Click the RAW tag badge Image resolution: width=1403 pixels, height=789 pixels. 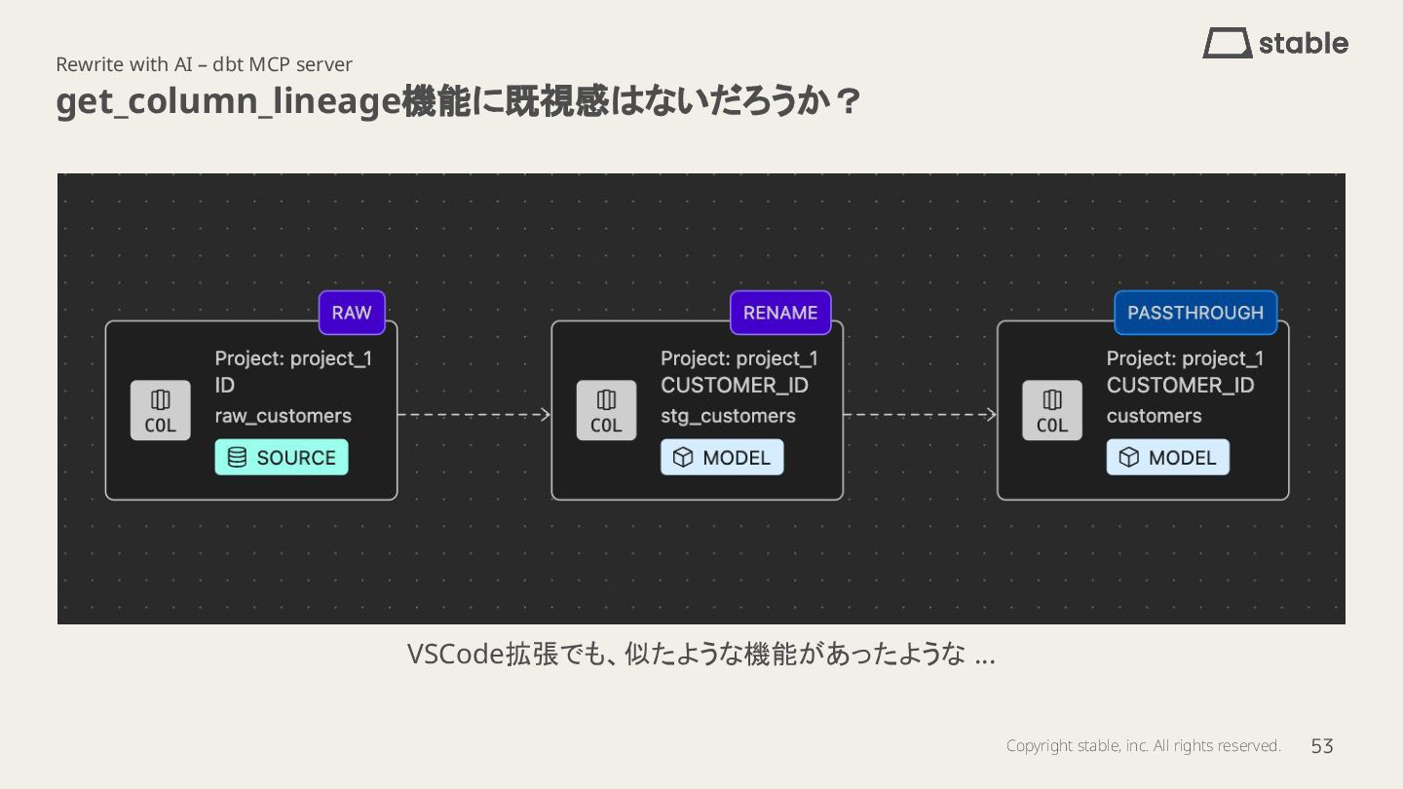pyautogui.click(x=352, y=313)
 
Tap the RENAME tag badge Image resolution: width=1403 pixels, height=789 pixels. pyautogui.click(x=780, y=313)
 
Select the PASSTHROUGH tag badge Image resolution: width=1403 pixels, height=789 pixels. pyautogui.click(x=1195, y=313)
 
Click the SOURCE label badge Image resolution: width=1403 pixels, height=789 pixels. pyautogui.click(x=282, y=458)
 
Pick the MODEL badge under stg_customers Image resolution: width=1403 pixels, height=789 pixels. pyautogui.click(x=722, y=458)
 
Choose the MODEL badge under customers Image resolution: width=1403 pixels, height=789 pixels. pyautogui.click(x=1167, y=458)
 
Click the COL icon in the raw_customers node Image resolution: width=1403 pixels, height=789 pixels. pyautogui.click(x=161, y=410)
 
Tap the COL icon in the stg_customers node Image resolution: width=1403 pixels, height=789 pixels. pyautogui.click(x=606, y=410)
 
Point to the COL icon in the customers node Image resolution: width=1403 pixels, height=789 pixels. pyautogui.click(x=1052, y=410)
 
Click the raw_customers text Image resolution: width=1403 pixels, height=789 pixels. pyautogui.click(x=284, y=416)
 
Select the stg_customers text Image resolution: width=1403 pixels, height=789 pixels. pyautogui.click(x=728, y=416)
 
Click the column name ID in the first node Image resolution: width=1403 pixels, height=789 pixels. pyautogui.click(x=225, y=386)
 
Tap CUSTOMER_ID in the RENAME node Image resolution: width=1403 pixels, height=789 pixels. pyautogui.click(x=735, y=386)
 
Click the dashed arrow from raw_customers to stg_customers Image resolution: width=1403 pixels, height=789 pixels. pyautogui.click(x=474, y=415)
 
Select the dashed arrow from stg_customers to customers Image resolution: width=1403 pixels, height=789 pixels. pyautogui.click(x=920, y=415)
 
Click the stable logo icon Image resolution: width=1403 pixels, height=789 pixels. pyautogui.click(x=1227, y=43)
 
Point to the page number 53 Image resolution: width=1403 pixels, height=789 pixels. pyautogui.click(x=1322, y=746)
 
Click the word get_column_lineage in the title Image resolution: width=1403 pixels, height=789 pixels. pyautogui.click(x=228, y=101)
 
